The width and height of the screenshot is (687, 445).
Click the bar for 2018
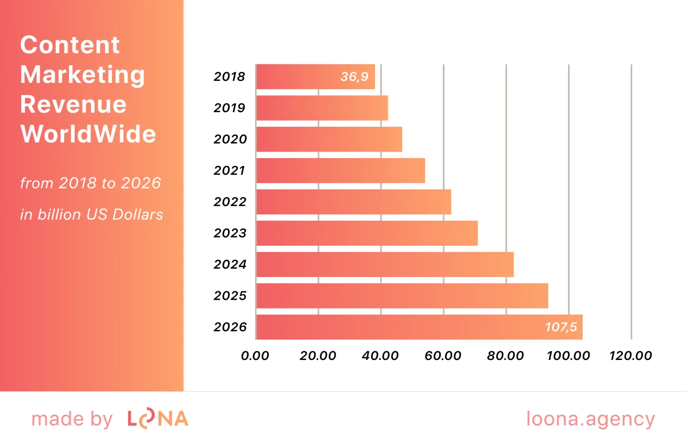(301, 77)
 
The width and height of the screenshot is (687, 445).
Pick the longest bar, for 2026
(399, 327)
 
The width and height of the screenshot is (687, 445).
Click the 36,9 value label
(354, 77)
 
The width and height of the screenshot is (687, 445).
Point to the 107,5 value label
(561, 327)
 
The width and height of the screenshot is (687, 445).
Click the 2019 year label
(229, 108)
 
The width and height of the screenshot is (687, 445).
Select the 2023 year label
(230, 233)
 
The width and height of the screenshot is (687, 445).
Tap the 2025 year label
(230, 296)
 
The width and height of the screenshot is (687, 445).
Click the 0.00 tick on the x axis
(255, 356)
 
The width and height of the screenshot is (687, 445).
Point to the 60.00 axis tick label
(443, 356)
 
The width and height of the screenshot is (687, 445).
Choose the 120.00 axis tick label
(630, 356)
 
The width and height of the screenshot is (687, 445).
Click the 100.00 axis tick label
(568, 356)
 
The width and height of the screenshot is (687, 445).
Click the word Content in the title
(70, 45)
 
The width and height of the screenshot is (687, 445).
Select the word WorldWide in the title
(88, 134)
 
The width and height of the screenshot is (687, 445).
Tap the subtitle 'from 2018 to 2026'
(90, 183)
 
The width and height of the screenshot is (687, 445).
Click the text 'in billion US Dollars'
(91, 214)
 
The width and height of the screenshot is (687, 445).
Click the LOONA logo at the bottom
(158, 419)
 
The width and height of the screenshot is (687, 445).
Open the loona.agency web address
(590, 419)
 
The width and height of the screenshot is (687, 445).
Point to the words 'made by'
(72, 419)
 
